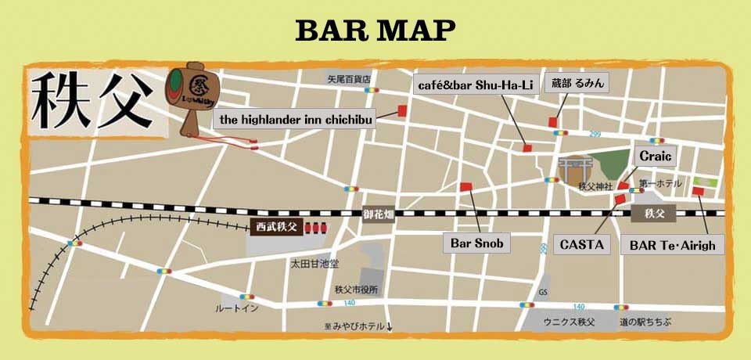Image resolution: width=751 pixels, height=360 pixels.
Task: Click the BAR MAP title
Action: (375, 30)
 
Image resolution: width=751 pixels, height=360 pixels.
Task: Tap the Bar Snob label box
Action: (476, 243)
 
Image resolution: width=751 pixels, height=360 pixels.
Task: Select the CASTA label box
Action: (583, 244)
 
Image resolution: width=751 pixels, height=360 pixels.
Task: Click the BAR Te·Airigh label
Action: (673, 244)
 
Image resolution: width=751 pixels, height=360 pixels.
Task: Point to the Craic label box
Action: (656, 157)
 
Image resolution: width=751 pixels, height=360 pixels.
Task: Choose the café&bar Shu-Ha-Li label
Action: (475, 84)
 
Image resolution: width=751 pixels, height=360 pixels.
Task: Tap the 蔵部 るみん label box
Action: (578, 83)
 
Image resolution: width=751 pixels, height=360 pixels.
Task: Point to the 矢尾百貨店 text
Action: (349, 78)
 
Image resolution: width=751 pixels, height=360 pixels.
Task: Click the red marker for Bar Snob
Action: (466, 186)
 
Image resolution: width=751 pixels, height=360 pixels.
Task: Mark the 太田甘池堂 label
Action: (314, 264)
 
